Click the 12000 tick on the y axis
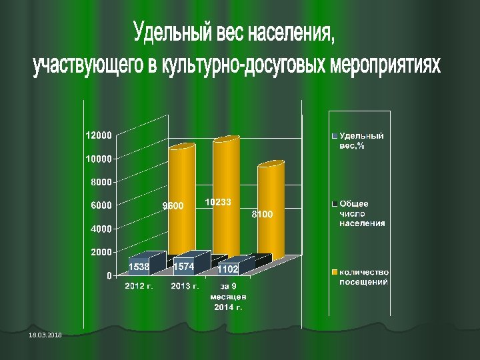97,135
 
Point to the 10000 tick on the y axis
97,159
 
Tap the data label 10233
218,201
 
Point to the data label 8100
261,215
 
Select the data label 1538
139,267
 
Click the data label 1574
183,267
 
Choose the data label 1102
228,269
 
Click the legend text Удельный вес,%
361,141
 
